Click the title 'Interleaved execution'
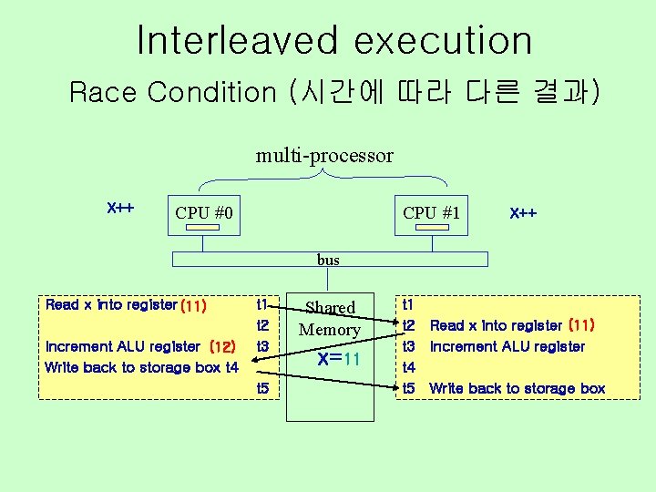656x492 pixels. point(333,40)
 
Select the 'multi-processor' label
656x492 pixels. point(324,156)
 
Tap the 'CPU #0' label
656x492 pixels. point(204,213)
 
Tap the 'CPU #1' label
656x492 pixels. point(432,213)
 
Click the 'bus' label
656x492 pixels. point(328,260)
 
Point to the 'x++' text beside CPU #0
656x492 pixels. point(121,208)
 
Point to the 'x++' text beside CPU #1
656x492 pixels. point(523,213)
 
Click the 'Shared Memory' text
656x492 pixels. point(330,319)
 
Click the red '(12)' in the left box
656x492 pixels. point(223,347)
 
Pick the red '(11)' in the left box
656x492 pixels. point(193,306)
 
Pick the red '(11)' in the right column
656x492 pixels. point(581,324)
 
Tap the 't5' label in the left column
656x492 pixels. point(263,389)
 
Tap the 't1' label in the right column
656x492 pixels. point(408,303)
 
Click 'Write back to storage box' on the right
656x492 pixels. point(517,389)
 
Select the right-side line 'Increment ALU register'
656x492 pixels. point(507,346)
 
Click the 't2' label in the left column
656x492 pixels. point(263,325)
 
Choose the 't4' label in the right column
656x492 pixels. point(409,368)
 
